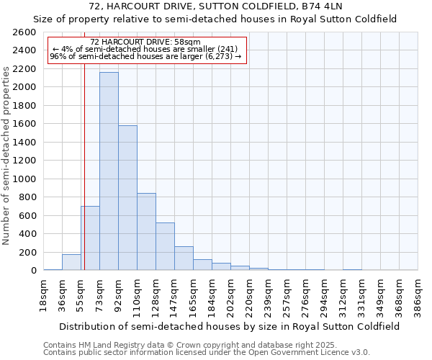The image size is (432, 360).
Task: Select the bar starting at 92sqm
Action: tap(127, 198)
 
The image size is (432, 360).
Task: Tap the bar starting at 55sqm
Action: tap(90, 238)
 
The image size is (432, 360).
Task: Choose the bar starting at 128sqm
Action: tap(165, 246)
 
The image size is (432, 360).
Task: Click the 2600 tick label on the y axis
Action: tap(24, 32)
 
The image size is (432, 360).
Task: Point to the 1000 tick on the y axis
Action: tap(24, 179)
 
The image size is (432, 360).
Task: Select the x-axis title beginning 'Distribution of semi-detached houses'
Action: tap(230, 326)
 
